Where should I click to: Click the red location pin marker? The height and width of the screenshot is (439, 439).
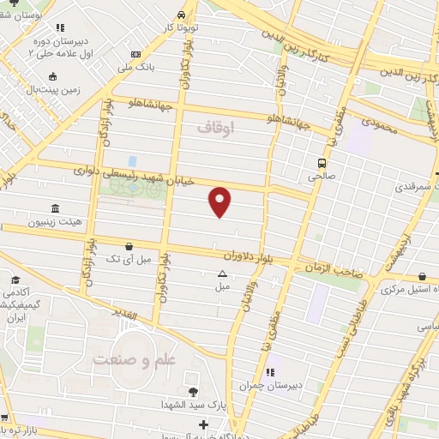(x=220, y=201)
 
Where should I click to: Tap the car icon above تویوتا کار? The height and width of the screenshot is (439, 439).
(x=181, y=15)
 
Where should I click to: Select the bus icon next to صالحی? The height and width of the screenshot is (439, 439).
(x=322, y=163)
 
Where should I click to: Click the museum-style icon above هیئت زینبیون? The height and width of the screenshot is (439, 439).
(x=56, y=208)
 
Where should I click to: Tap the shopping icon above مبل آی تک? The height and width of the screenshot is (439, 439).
(x=129, y=245)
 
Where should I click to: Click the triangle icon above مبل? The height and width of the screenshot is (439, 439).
(x=222, y=274)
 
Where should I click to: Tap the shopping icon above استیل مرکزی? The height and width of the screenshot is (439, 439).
(x=423, y=276)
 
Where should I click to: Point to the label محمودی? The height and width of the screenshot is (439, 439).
(x=379, y=123)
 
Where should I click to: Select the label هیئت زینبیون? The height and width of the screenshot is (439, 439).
(x=57, y=221)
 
